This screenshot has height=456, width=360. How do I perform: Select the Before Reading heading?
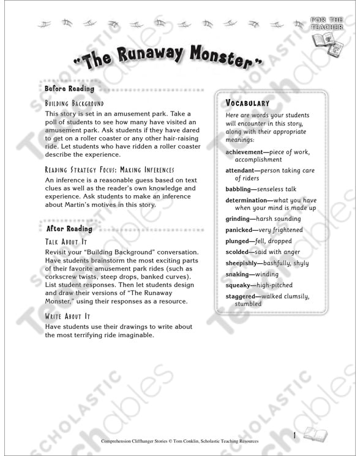coord(69,89)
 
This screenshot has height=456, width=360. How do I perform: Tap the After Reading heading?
coord(69,229)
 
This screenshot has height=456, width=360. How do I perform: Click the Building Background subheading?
coord(75,104)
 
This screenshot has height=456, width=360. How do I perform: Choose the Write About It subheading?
coord(68,316)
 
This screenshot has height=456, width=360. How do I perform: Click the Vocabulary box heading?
coord(247,103)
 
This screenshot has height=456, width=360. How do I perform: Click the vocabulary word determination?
coord(248,200)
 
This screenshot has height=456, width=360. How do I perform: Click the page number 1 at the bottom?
coord(294,435)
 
